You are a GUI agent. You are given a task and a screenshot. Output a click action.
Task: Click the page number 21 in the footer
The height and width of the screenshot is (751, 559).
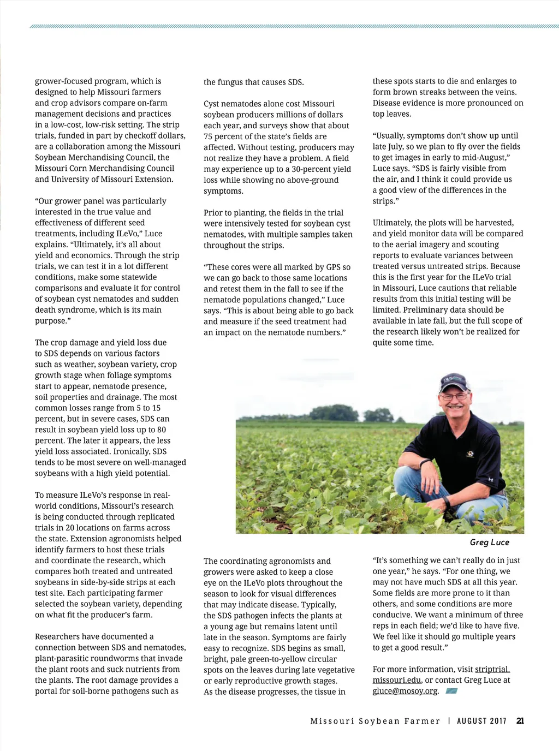point(520,721)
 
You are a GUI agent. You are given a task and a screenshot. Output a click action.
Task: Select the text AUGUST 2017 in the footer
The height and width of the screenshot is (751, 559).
point(481,721)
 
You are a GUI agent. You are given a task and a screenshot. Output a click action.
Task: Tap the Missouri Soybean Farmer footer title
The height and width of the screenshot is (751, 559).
point(375,721)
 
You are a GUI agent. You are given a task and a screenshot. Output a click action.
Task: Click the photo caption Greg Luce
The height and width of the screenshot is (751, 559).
point(489,543)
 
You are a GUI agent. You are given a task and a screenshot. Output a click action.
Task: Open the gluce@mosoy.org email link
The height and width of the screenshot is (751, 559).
point(405,691)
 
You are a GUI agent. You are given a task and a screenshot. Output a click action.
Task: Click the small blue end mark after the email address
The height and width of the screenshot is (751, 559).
point(451,691)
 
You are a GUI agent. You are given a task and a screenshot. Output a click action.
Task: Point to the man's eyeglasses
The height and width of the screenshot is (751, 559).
point(455,396)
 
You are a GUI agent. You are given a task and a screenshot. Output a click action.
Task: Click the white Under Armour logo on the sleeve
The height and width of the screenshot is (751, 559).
point(490,479)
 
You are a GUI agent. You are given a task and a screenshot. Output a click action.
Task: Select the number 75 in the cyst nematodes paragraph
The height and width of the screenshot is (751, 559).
point(208,136)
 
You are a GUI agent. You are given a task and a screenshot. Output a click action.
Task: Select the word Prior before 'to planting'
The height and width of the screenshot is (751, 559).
point(213,213)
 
